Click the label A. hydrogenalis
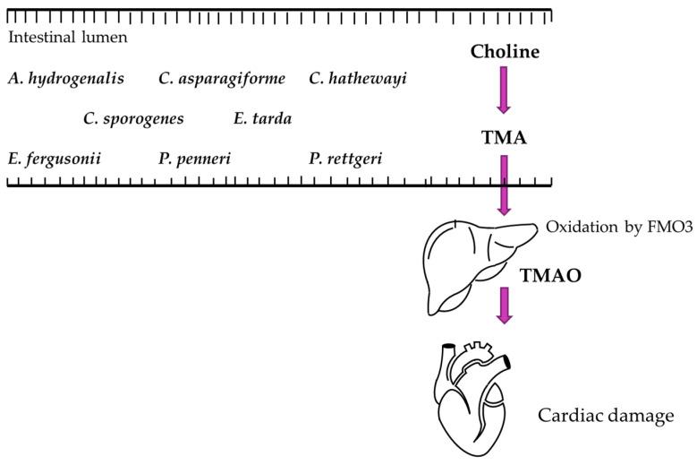66,79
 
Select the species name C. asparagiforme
222,79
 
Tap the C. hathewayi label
358,79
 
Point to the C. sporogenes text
133,118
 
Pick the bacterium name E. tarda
262,118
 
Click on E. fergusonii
54,159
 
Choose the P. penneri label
194,159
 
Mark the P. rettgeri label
345,159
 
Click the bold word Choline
505,52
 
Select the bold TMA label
504,138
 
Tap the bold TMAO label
551,277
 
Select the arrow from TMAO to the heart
504,306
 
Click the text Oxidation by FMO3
619,228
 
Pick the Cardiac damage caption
605,417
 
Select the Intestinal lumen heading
68,38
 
